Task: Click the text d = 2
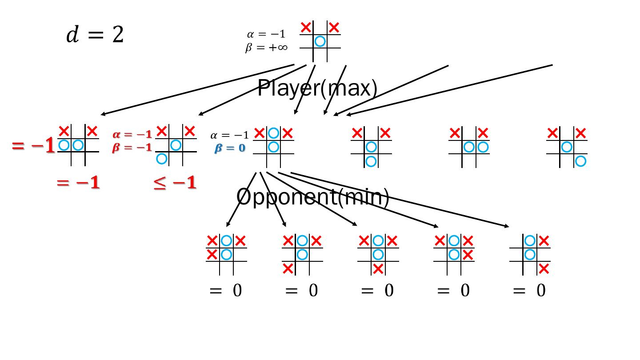tap(95, 35)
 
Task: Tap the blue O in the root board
tap(320, 41)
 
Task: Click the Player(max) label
tap(317, 88)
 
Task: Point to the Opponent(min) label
tap(313, 196)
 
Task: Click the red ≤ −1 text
tap(175, 183)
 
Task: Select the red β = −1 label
tap(132, 147)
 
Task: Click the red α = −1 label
tap(132, 134)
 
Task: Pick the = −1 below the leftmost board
tap(78, 183)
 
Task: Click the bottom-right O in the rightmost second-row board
tap(580, 161)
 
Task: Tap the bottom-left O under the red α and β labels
tap(162, 159)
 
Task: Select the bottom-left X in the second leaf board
tap(288, 268)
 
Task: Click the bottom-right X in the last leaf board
tap(544, 268)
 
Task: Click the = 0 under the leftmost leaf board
tap(226, 291)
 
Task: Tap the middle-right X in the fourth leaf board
tap(468, 255)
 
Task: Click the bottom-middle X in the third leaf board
tap(378, 268)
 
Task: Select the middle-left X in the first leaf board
tap(212, 255)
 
